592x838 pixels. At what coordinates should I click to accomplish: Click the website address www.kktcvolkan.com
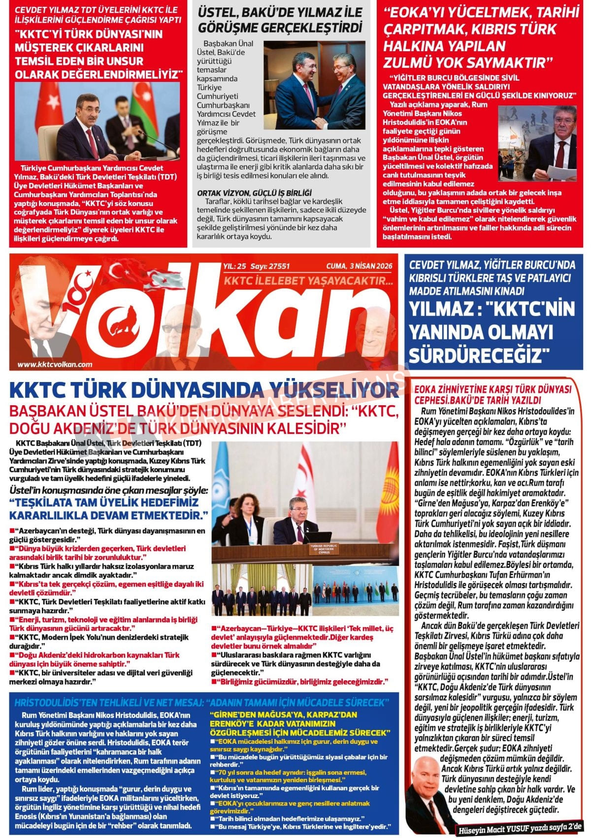tap(55, 365)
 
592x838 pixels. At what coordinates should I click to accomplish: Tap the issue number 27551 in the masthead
tap(277, 266)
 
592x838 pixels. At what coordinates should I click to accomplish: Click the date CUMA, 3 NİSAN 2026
tap(359, 266)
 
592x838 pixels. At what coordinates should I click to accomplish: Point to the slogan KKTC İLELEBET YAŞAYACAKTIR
tap(308, 280)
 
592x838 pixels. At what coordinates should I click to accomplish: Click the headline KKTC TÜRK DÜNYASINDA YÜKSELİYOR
tap(204, 390)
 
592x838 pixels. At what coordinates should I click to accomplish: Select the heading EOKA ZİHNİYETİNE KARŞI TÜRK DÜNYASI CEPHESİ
tap(493, 394)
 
